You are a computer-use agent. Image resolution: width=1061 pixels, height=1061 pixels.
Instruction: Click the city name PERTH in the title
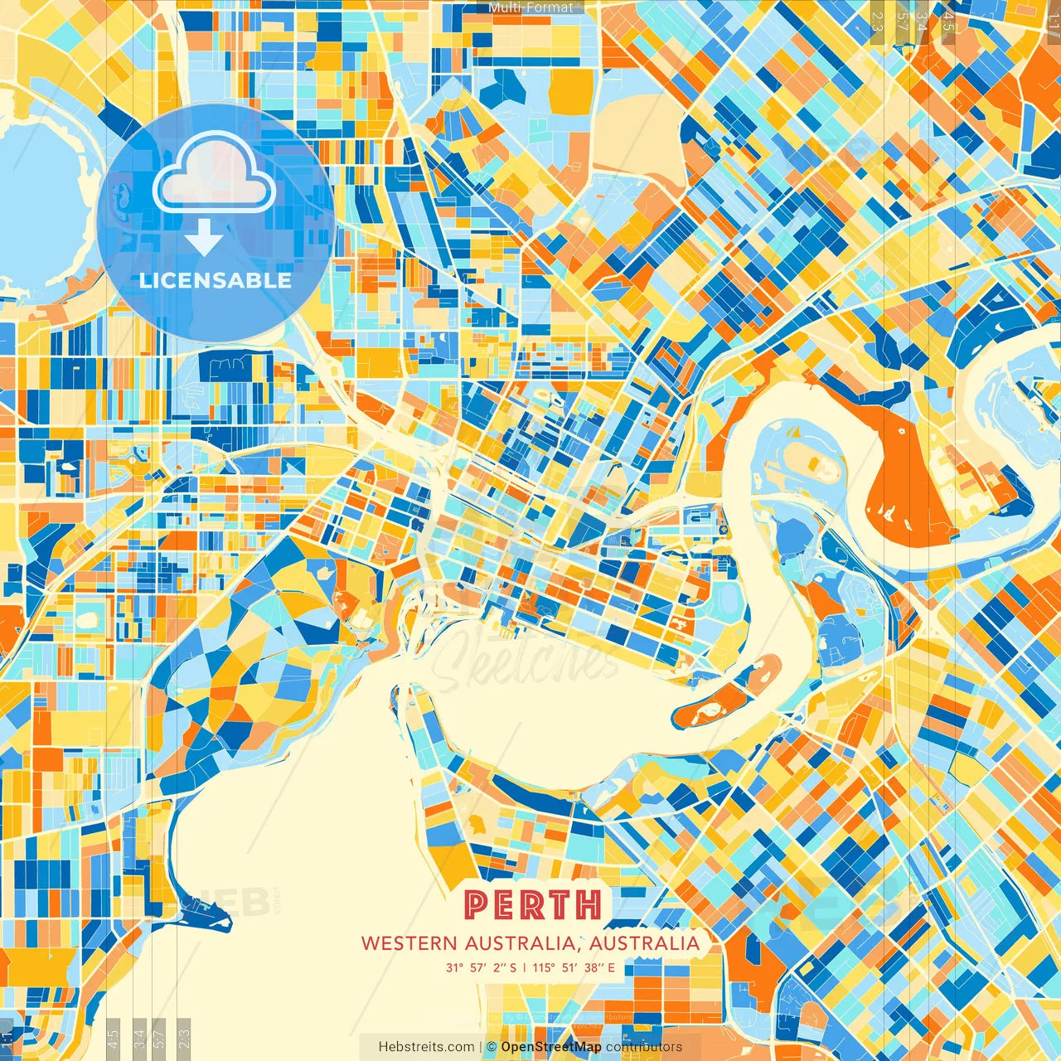pos(533,904)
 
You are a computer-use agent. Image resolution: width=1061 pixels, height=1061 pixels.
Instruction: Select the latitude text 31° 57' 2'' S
pos(481,967)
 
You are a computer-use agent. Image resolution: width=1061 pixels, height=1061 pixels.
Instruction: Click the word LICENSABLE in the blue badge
pos(216,280)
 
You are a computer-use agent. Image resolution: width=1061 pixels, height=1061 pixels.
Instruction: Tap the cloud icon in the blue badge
pos(214,173)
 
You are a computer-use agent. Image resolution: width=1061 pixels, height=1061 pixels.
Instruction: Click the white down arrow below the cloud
pos(204,239)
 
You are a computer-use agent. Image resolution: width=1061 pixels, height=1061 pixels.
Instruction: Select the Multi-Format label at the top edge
pos(530,7)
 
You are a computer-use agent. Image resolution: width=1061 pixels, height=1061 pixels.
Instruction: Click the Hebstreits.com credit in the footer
pos(426,1047)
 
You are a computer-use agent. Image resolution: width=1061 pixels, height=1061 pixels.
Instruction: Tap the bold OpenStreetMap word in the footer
pos(551,1047)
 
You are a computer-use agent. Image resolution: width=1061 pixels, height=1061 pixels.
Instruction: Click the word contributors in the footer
pos(644,1047)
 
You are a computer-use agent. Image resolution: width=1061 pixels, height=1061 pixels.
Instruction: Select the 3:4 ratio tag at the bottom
pos(139,1036)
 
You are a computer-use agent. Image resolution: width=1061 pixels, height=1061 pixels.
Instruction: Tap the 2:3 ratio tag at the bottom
pos(184,1036)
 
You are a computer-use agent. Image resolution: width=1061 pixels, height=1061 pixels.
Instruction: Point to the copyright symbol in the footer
pos(492,1047)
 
